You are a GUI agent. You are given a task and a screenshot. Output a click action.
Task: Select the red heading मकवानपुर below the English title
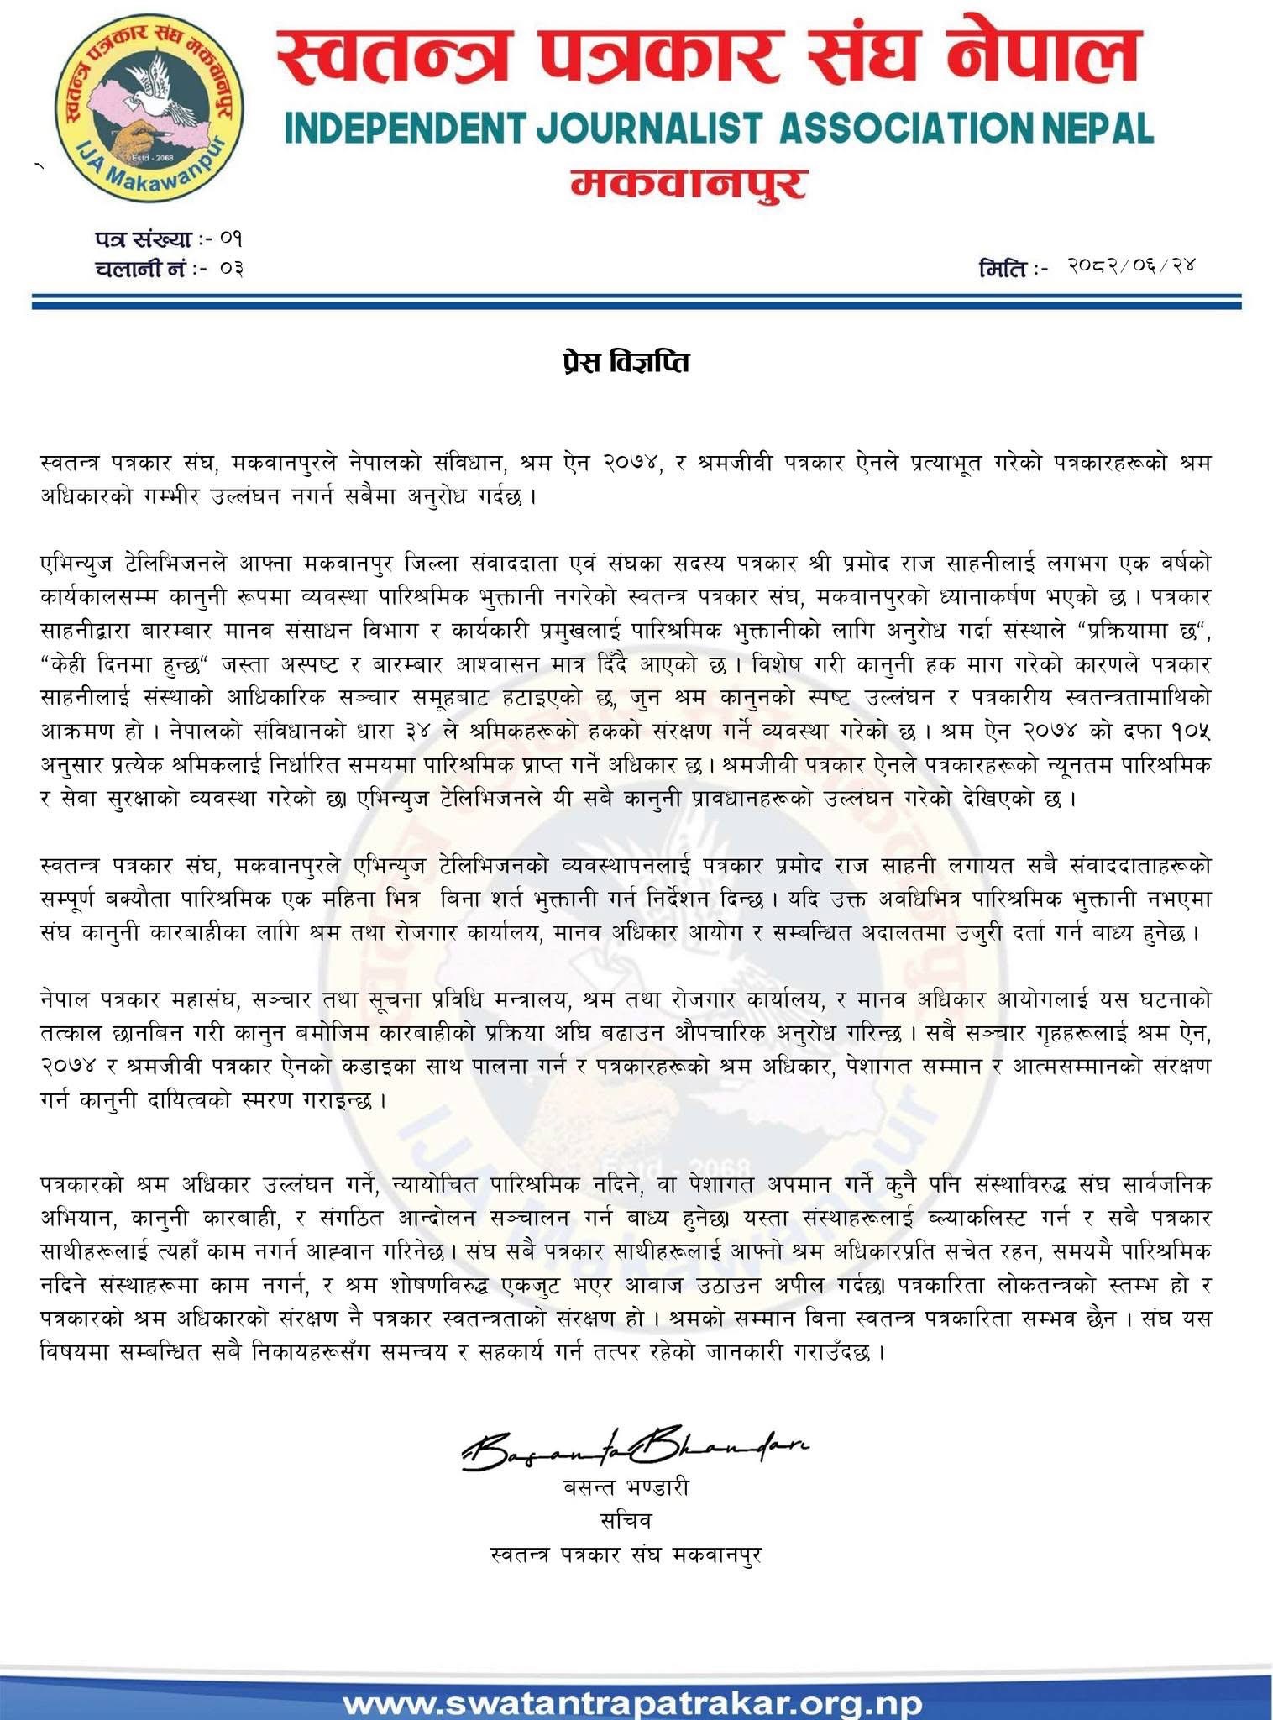pyautogui.click(x=689, y=182)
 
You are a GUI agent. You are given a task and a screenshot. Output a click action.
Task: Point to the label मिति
pyautogui.click(x=1004, y=270)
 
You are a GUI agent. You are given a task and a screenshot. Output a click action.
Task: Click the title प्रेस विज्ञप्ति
pyautogui.click(x=637, y=363)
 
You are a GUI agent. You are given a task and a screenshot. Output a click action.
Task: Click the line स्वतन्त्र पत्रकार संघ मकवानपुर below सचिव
pyautogui.click(x=626, y=1555)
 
